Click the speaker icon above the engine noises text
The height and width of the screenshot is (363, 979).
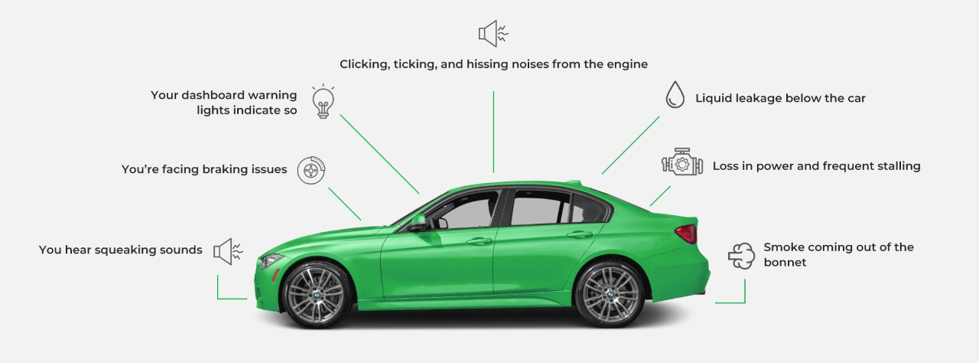tap(493, 33)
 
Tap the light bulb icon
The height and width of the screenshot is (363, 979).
tap(323, 101)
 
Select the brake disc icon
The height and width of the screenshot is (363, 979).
tap(311, 170)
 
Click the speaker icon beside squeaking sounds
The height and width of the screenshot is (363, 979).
tap(228, 251)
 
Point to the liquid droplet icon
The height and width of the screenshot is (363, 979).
tap(675, 94)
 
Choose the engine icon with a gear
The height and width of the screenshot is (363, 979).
tap(681, 162)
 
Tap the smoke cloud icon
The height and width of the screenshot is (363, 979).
tap(741, 256)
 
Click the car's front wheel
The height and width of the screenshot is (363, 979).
tap(316, 294)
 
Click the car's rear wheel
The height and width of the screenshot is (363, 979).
tap(610, 294)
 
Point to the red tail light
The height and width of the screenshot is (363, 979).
tap(687, 234)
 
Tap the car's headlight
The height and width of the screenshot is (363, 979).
tap(270, 261)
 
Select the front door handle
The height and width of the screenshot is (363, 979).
tap(479, 241)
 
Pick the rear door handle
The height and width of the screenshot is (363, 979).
tap(580, 235)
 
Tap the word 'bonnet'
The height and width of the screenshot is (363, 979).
tap(785, 263)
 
